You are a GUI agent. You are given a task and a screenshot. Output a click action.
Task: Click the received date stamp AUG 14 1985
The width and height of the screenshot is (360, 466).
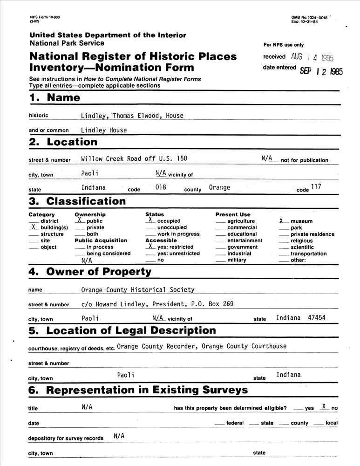(x=312, y=57)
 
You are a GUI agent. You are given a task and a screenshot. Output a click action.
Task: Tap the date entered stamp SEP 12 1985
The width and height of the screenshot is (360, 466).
(x=321, y=71)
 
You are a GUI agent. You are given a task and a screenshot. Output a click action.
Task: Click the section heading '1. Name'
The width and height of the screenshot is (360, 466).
(x=54, y=98)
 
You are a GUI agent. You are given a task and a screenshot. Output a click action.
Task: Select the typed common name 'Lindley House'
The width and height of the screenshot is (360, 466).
(x=103, y=130)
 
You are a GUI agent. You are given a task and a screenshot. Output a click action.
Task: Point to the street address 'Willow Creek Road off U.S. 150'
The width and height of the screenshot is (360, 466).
(x=134, y=158)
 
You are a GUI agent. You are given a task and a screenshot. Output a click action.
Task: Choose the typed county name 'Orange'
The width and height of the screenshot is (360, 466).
(x=219, y=187)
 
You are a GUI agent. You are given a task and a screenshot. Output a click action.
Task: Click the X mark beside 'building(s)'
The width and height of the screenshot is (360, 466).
(x=34, y=227)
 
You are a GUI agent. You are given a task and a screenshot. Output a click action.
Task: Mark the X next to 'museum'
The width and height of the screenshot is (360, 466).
(x=282, y=220)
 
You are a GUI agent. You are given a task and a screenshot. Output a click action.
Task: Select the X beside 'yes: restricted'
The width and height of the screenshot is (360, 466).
(x=150, y=246)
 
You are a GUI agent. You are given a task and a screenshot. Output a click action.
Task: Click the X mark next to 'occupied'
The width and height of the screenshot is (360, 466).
(x=150, y=220)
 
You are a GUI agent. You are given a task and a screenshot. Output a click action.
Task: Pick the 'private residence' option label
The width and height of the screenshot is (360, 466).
(x=312, y=234)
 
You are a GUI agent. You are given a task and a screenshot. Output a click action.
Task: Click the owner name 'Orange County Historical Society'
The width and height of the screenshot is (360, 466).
(x=138, y=290)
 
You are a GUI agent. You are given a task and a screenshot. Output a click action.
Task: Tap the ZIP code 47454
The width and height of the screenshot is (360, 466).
(x=317, y=317)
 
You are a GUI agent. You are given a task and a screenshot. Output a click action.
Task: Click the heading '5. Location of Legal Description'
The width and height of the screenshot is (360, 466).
(x=122, y=331)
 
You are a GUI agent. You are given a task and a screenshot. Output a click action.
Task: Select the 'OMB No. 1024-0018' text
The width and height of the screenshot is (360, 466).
(x=309, y=17)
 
